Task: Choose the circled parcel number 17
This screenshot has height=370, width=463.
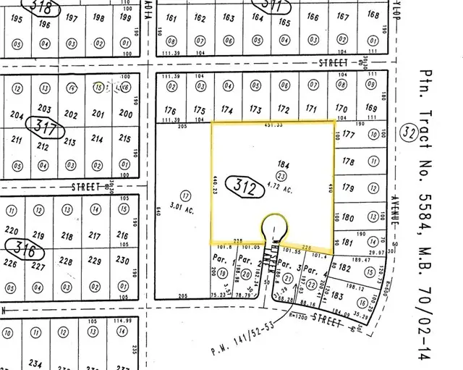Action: [x=186, y=195]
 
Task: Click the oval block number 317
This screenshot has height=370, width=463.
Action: [x=42, y=125]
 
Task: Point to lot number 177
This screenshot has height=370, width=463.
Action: [x=349, y=134]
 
